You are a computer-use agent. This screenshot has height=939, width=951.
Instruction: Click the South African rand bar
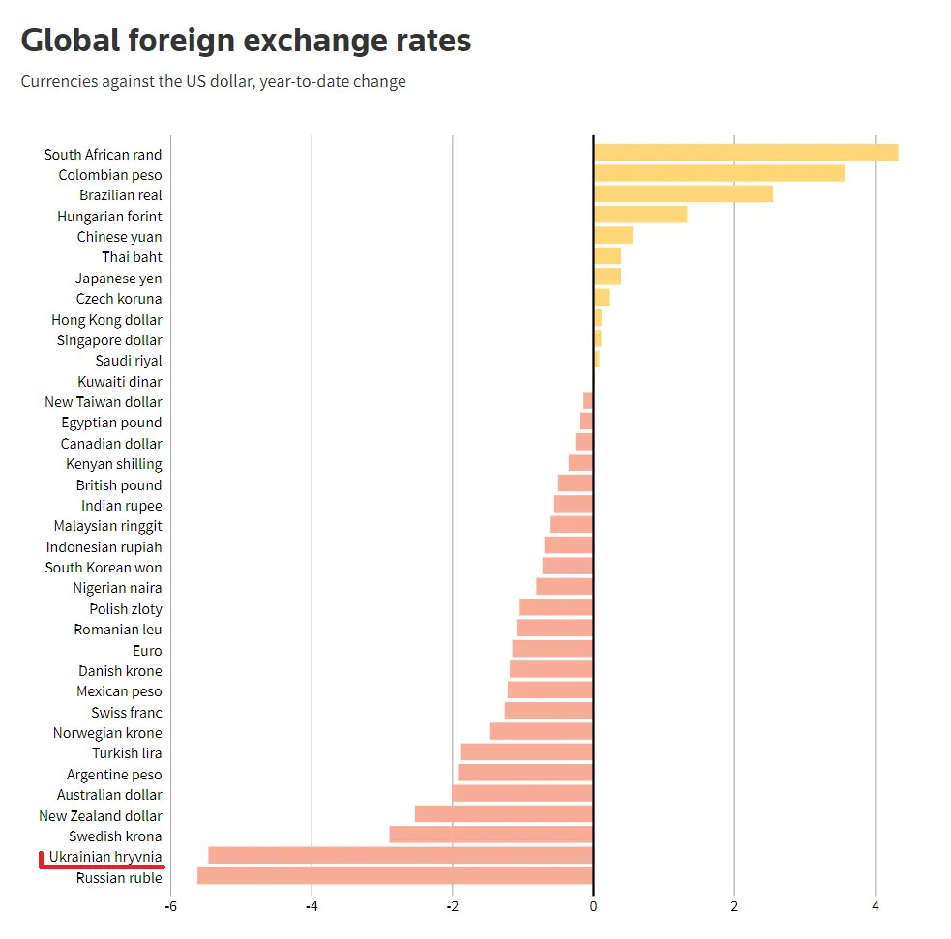tap(745, 153)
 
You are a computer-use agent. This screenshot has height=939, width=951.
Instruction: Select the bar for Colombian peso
tap(718, 174)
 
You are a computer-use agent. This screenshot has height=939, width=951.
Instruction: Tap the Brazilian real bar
tap(682, 194)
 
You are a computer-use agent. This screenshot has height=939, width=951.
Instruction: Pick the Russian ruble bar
tap(395, 877)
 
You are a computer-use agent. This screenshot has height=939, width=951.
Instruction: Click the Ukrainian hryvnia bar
tap(400, 856)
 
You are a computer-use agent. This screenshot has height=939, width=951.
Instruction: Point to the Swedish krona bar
tap(490, 836)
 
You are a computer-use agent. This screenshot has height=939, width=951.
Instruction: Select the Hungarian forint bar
tap(639, 215)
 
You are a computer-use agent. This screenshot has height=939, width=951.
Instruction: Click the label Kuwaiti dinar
tap(120, 382)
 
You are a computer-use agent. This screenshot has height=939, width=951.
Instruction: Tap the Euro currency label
tap(147, 651)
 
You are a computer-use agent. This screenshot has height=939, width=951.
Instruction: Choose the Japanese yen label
tap(119, 279)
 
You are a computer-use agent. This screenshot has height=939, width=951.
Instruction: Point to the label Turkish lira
tap(127, 753)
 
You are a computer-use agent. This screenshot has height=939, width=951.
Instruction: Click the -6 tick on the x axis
tap(170, 907)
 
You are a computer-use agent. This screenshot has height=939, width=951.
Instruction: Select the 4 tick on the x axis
tap(875, 907)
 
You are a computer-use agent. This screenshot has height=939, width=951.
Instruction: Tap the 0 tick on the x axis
tap(593, 907)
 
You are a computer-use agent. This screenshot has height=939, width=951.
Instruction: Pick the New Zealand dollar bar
tap(503, 814)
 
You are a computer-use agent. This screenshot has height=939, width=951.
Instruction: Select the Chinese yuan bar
tap(612, 236)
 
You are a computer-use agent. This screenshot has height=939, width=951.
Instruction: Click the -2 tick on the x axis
tap(452, 907)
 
